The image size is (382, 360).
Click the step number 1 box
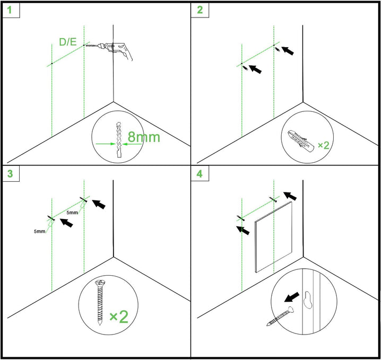pyautogui.click(x=11, y=10)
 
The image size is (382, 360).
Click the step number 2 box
pyautogui.click(x=200, y=10)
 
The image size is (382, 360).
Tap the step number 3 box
pyautogui.click(x=11, y=174)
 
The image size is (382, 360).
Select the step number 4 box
pyautogui.click(x=200, y=174)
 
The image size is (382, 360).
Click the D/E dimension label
pyautogui.click(x=68, y=42)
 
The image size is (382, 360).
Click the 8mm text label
pyautogui.click(x=144, y=137)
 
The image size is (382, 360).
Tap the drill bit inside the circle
pyautogui.click(x=119, y=139)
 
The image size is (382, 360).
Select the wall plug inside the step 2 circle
pyautogui.click(x=301, y=142)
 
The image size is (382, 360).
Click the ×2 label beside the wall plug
pyautogui.click(x=324, y=145)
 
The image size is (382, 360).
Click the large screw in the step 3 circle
pyautogui.click(x=100, y=302)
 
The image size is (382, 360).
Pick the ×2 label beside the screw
pyautogui.click(x=119, y=317)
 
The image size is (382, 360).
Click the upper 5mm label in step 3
pyautogui.click(x=72, y=213)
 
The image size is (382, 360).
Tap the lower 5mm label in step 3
pyautogui.click(x=39, y=231)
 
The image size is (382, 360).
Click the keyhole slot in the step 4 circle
pyautogui.click(x=308, y=300)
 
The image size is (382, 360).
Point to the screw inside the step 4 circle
pyautogui.click(x=280, y=316)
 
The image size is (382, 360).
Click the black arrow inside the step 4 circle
pyautogui.click(x=292, y=297)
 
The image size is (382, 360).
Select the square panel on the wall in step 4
pyautogui.click(x=273, y=237)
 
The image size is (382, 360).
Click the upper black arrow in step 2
pyautogui.click(x=288, y=50)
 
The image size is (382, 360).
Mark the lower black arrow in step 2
pyautogui.click(x=255, y=69)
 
